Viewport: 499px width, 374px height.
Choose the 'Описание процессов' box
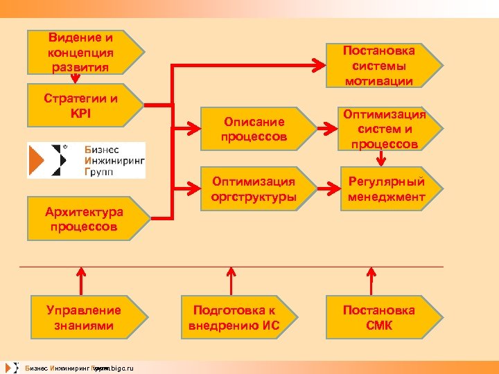[254, 128]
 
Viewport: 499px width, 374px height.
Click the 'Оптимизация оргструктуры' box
[254, 189]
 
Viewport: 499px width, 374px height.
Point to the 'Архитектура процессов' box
[83, 219]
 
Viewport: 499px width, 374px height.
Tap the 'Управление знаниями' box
[83, 318]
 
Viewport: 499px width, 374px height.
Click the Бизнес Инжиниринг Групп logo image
[86, 160]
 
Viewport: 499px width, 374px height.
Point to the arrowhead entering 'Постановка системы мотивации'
[319, 66]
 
